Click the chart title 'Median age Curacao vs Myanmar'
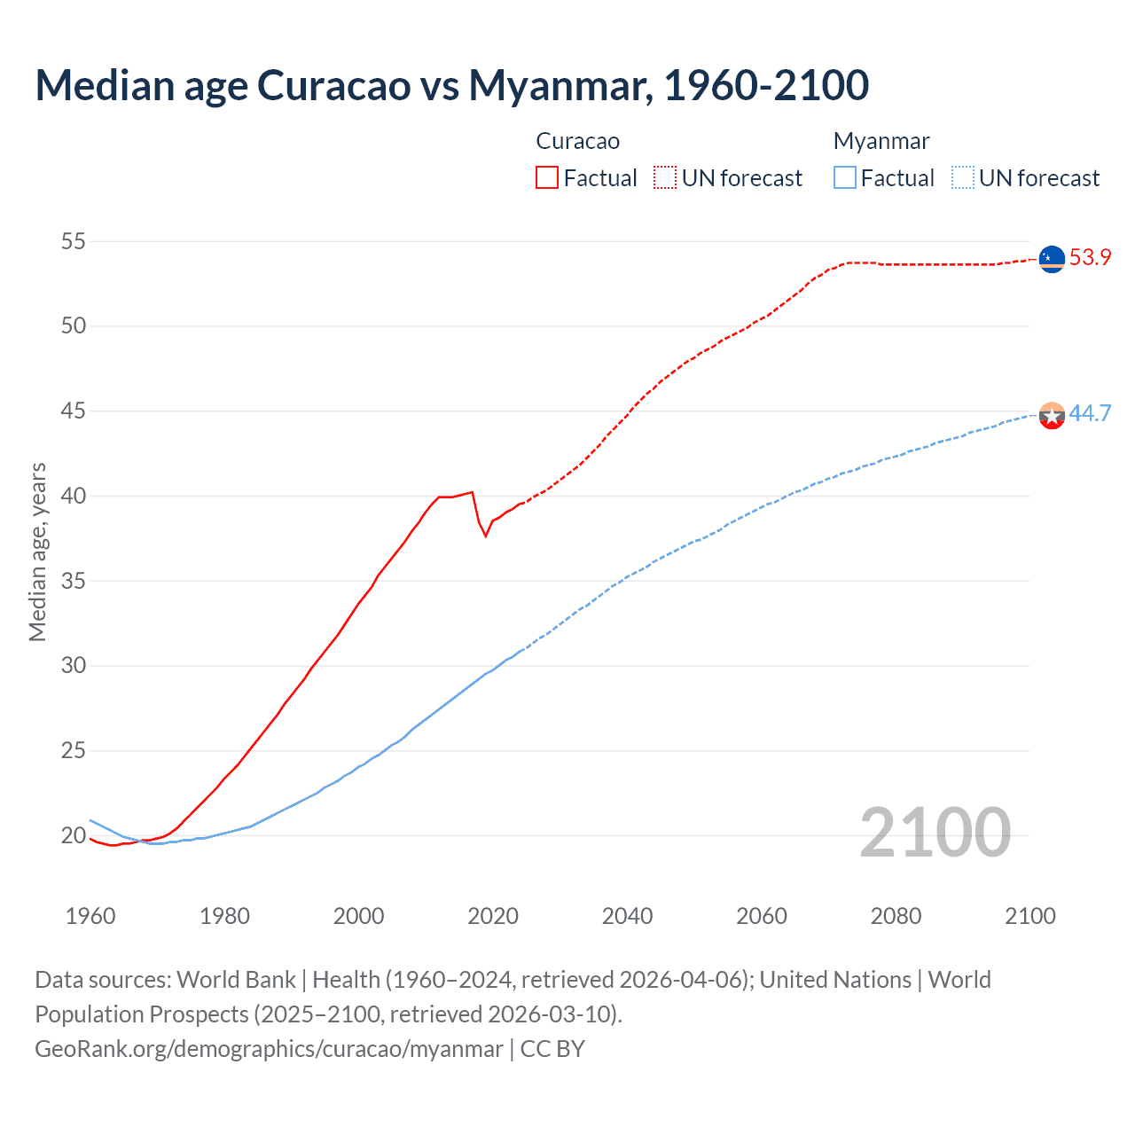[451, 85]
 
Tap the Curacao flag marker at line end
[1051, 259]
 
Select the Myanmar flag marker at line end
[1051, 415]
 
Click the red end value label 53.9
[1090, 258]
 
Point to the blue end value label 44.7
[1090, 414]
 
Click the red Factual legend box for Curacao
[547, 178]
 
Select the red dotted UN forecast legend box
[665, 178]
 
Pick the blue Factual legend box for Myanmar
[845, 178]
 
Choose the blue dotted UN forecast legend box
[962, 178]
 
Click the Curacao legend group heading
[577, 141]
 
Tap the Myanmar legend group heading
[881, 141]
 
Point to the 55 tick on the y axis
[74, 241]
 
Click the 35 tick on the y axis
[74, 581]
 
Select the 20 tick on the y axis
[74, 835]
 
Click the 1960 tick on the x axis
[90, 916]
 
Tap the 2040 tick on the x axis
[627, 916]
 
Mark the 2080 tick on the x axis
[896, 916]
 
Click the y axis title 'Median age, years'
[37, 552]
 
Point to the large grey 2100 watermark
[935, 832]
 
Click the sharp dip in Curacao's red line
[485, 535]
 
